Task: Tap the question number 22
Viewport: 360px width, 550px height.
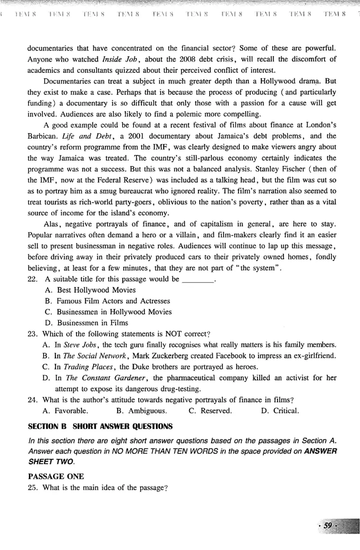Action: pos(32,279)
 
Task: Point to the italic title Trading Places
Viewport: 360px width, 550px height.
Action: pos(88,367)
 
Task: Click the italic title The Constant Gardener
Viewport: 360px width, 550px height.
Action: pos(107,377)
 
